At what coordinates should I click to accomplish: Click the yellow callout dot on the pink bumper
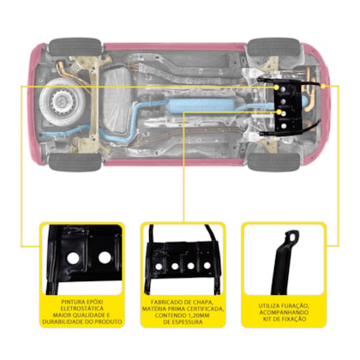point(323,86)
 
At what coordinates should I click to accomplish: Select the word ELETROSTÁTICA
point(82,309)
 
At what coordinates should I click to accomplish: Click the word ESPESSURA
point(188,322)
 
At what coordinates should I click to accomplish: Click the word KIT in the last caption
point(267,319)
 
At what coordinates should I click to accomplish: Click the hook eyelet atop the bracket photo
point(292,236)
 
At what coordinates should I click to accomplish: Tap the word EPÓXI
point(94,302)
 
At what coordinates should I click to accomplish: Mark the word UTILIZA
point(269,306)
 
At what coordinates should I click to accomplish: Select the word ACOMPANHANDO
point(284,313)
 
